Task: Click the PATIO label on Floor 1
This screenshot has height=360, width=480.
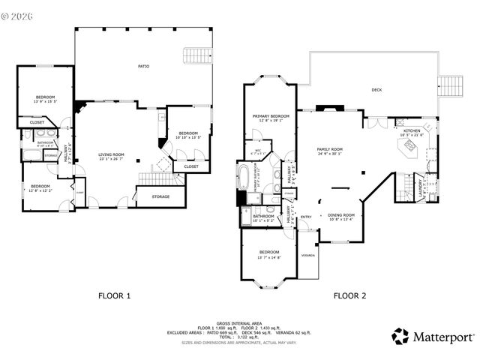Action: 143,67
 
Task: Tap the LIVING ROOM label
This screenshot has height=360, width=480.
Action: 111,156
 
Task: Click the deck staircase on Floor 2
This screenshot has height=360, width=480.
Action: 450,86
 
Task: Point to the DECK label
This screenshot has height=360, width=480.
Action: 376,90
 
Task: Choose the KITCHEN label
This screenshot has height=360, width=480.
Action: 412,131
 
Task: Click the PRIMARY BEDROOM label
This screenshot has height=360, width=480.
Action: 271,117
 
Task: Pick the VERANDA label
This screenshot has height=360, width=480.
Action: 307,255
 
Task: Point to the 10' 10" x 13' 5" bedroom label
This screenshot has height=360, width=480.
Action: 187,134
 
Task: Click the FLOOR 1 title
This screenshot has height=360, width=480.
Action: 115,295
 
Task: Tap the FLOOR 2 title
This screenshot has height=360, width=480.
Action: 349,295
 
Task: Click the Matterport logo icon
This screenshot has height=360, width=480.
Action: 400,337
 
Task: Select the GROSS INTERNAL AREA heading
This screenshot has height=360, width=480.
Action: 239,322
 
